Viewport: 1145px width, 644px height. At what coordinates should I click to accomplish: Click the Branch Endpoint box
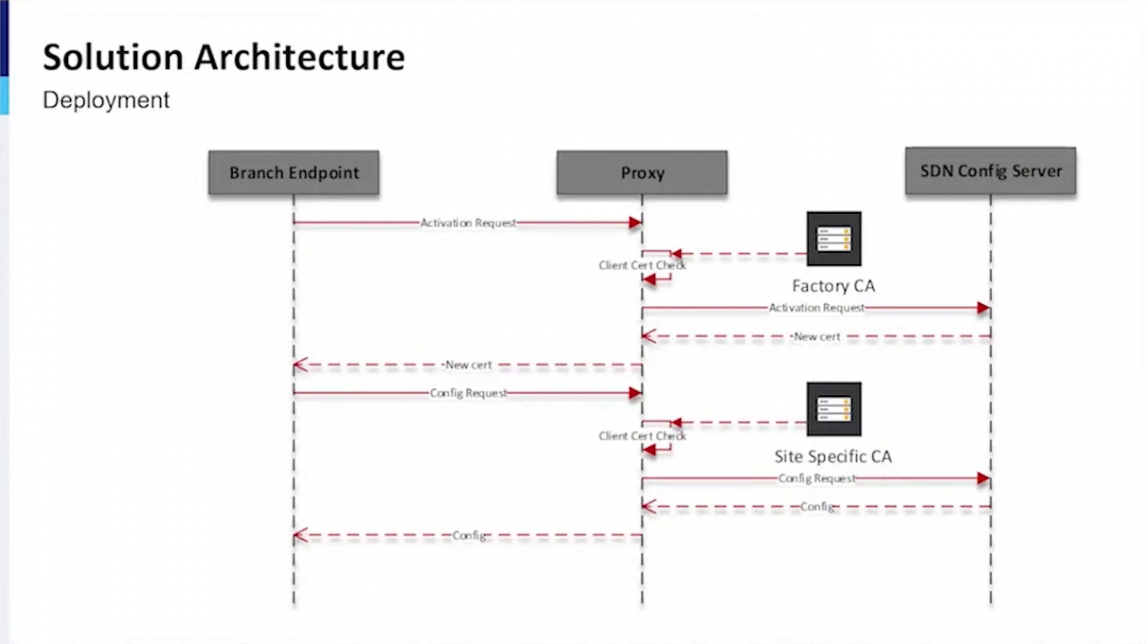coord(293,173)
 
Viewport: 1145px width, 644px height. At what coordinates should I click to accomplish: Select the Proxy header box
coord(641,173)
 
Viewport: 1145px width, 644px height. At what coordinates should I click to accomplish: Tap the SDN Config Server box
coord(990,171)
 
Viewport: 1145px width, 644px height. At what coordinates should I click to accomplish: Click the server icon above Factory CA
coord(834,239)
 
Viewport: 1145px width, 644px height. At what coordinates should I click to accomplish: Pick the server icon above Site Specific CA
coord(834,409)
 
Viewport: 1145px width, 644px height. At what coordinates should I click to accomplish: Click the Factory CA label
coord(833,286)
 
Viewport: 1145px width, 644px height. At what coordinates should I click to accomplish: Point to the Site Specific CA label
coord(833,456)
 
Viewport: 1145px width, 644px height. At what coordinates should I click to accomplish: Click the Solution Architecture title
coord(224,57)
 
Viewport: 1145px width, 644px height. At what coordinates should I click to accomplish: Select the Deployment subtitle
coord(106,100)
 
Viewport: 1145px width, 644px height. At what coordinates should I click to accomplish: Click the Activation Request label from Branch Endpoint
coord(468,223)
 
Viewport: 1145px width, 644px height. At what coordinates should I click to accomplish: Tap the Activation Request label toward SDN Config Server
coord(817,308)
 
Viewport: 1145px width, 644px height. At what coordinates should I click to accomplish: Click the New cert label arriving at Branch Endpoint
coord(468,365)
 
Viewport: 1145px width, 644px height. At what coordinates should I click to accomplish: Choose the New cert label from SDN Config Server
coord(817,337)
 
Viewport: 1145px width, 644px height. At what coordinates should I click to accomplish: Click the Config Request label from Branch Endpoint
coord(468,394)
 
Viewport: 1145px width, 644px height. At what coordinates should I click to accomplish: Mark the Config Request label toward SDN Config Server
coord(817,479)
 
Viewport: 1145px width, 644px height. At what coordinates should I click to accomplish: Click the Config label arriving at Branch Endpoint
coord(469,536)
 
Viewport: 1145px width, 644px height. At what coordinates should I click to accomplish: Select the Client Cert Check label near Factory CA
coord(642,266)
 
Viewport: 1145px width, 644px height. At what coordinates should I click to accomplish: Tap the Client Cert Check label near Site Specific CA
coord(642,436)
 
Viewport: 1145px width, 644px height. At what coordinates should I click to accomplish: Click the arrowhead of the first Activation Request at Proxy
coord(635,223)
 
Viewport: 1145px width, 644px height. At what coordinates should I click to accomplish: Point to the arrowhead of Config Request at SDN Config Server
coord(984,479)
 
